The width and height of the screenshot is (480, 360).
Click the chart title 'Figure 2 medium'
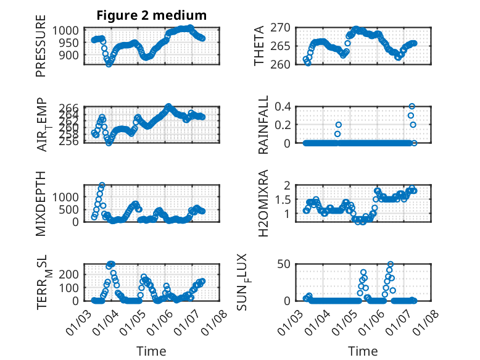tap(151, 15)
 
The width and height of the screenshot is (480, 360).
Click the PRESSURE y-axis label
tap(41, 49)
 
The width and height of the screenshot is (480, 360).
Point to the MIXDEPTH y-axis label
tap(41, 203)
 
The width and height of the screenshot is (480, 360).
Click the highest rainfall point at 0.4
tap(412, 106)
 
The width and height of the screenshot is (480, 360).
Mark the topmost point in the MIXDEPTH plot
tap(102, 185)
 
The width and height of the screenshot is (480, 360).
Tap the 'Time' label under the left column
tap(151, 351)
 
